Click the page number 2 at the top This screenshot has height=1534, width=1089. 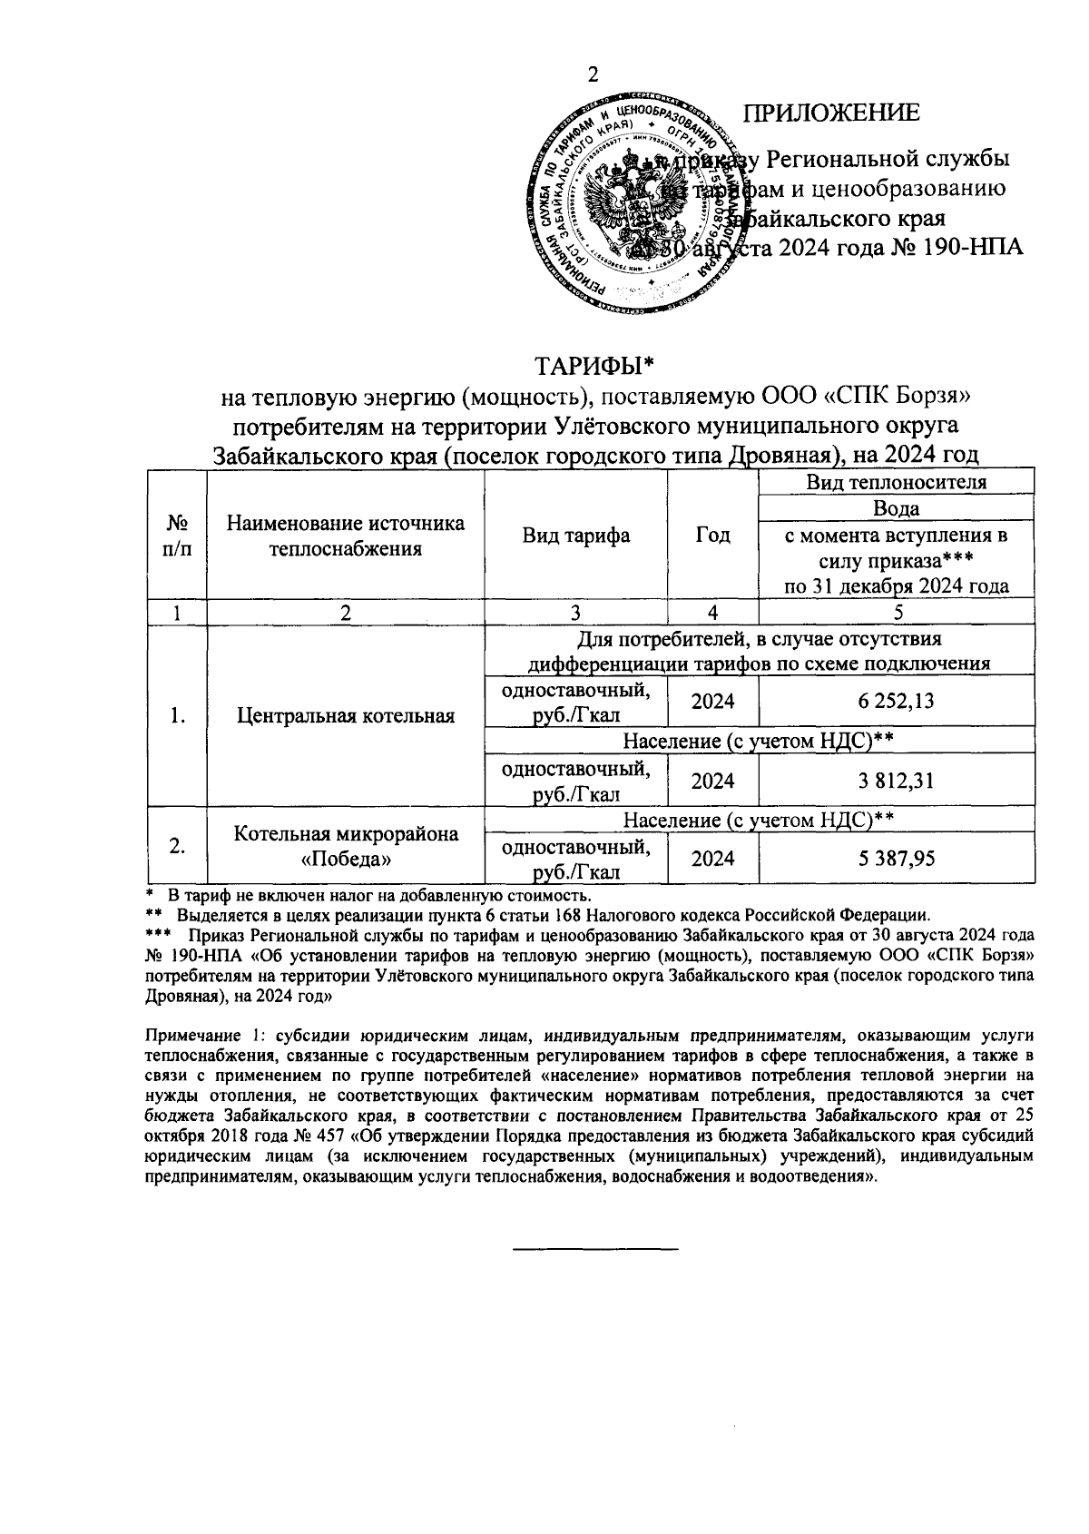pos(594,75)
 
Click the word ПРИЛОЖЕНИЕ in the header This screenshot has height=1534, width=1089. pos(831,113)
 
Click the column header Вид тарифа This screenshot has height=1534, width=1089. pos(576,536)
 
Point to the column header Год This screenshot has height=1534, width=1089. pos(712,536)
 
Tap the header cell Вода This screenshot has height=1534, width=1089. pos(897,508)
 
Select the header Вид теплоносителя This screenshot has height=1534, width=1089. pos(897,482)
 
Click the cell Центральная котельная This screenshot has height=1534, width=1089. pos(346,715)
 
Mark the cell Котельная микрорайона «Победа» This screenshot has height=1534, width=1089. pos(346,845)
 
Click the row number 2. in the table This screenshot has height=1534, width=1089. pos(178,845)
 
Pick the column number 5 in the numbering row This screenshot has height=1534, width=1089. pos(897,612)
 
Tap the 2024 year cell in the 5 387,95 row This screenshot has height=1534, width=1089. pos(712,859)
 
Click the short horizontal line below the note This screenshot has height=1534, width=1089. pos(595,1250)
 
